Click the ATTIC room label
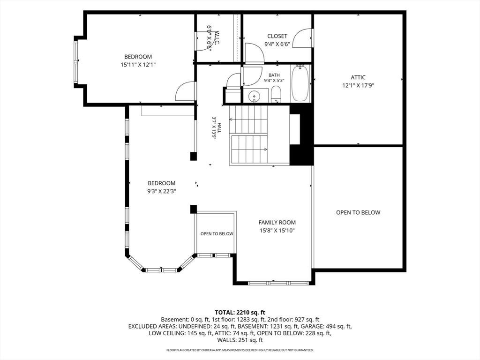coord(358,77)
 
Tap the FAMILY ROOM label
coord(277,223)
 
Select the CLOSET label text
coord(277,36)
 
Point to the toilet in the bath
coord(276,94)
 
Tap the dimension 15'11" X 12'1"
coord(138,65)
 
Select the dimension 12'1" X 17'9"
coord(358,85)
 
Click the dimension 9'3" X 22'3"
coord(161,191)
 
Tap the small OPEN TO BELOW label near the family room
coord(217,234)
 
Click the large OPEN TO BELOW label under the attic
coord(358,212)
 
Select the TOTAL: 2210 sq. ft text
coord(240,313)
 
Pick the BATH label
coord(274,75)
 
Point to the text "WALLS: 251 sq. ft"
coord(240,340)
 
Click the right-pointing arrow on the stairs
coord(249,150)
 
